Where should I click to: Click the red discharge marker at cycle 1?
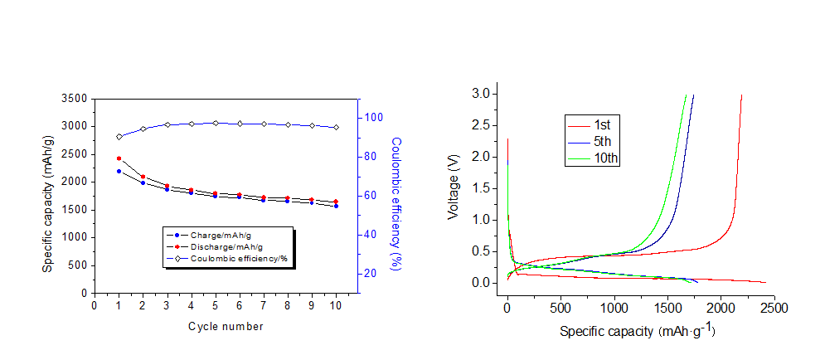pyautogui.click(x=119, y=158)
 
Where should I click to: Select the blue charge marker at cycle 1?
pyautogui.click(x=119, y=172)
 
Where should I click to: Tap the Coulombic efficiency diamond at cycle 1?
pyautogui.click(x=119, y=137)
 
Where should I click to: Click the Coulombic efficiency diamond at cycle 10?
pyautogui.click(x=336, y=128)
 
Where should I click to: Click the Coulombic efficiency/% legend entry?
pyautogui.click(x=232, y=259)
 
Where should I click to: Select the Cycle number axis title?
pyautogui.click(x=226, y=327)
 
